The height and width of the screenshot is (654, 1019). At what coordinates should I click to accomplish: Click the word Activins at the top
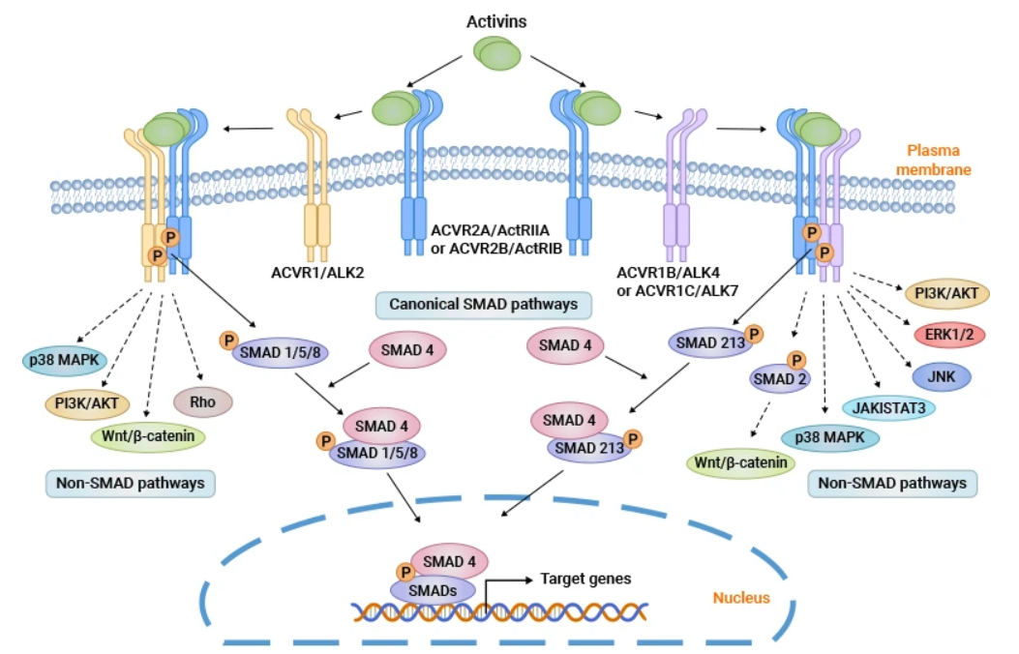(x=496, y=20)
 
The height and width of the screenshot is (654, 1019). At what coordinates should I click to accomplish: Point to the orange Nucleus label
(x=741, y=597)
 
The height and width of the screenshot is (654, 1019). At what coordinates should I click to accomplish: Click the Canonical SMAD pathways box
(x=483, y=304)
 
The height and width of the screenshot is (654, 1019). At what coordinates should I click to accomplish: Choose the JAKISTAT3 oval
(x=890, y=408)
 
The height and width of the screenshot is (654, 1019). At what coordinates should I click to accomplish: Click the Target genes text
(x=585, y=579)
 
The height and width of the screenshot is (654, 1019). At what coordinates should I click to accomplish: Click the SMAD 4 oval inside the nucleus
(x=449, y=560)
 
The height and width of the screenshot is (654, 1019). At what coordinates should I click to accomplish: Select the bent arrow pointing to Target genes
(x=503, y=586)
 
